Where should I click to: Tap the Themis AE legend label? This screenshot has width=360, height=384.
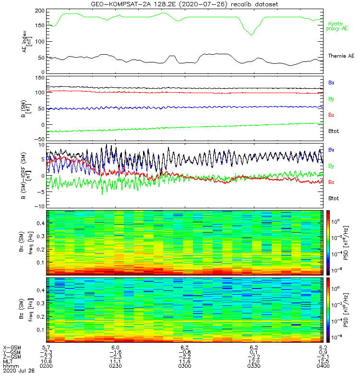pyautogui.click(x=340, y=56)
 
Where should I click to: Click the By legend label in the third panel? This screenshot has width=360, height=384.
pyautogui.click(x=331, y=166)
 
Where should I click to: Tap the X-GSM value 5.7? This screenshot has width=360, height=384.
pyautogui.click(x=46, y=347)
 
